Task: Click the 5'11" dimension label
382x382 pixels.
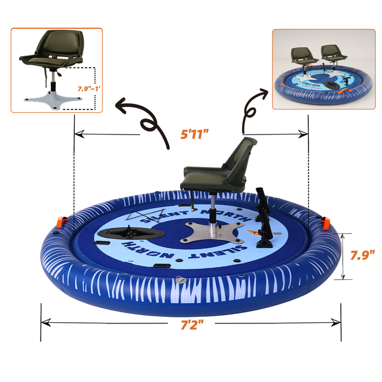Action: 198,135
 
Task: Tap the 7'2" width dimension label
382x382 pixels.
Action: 192,325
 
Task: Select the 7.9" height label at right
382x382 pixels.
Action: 362,255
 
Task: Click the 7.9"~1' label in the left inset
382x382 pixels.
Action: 88,88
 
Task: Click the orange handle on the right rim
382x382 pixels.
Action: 326,222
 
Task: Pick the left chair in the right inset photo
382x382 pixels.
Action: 304,59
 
